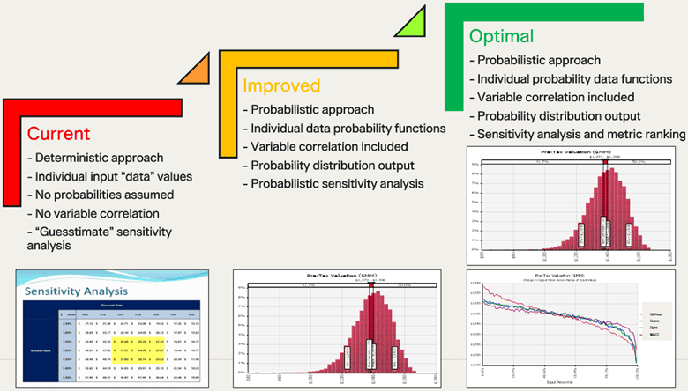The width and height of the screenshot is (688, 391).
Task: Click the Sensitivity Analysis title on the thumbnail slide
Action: click(x=77, y=291)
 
